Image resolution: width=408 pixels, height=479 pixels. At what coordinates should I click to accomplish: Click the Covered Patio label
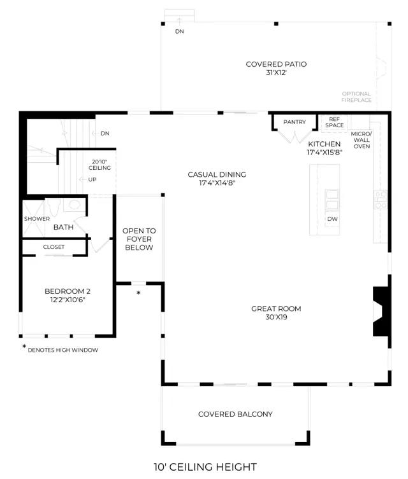[276, 64]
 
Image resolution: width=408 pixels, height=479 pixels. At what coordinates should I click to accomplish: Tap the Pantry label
[295, 122]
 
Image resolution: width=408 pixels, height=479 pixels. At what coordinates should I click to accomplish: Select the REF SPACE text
[334, 122]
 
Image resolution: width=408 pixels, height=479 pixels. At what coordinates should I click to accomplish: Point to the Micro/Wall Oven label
[361, 140]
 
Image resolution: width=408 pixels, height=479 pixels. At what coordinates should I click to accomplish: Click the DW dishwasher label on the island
[332, 219]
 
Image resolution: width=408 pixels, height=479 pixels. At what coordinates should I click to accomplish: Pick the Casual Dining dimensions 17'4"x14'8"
[217, 183]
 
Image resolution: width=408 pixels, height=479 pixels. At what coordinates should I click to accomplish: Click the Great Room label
[276, 309]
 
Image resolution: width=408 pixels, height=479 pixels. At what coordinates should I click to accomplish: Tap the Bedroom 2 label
[68, 291]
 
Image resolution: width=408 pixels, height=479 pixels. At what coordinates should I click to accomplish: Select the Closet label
[54, 247]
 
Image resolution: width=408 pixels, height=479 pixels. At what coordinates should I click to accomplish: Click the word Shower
[37, 219]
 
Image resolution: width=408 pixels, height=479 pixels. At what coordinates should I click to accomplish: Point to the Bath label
[63, 227]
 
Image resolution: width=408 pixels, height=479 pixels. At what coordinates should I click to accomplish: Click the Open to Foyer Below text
[139, 239]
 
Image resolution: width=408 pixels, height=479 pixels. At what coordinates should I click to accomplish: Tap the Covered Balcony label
[235, 414]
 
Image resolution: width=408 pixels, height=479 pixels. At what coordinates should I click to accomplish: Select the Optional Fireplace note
[356, 97]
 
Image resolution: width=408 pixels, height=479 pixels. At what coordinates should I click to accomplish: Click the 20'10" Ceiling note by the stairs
[99, 165]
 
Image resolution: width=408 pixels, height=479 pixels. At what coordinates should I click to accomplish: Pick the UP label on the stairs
[92, 179]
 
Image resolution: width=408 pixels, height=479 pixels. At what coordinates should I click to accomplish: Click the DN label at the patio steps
[180, 31]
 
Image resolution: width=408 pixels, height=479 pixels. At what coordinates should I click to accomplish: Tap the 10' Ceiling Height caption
[205, 467]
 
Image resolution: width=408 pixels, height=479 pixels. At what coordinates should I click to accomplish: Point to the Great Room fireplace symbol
[381, 311]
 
